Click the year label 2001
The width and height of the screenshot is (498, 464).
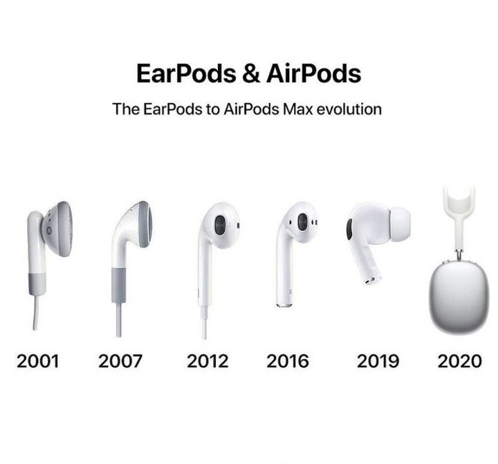pos(37,360)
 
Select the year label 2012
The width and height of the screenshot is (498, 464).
pos(207,360)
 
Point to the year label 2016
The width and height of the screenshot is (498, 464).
pos(288,360)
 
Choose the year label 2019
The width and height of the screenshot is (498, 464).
pos(377,360)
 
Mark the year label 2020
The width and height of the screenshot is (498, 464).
pos(459,360)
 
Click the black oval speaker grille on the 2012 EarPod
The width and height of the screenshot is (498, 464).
pos(220,228)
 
